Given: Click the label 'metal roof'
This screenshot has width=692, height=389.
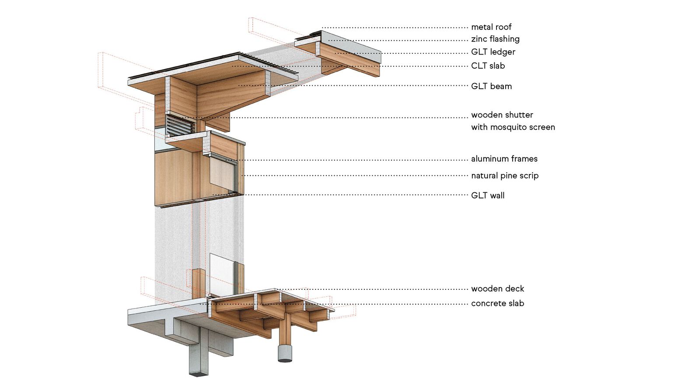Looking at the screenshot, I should [x=491, y=27].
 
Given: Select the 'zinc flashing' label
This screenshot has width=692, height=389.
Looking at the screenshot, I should [x=495, y=39].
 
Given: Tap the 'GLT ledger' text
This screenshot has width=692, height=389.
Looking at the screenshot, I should [x=493, y=52].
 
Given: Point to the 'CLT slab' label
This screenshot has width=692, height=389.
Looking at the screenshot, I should [x=488, y=66].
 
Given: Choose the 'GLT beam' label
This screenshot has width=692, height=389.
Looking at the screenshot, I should [x=491, y=87].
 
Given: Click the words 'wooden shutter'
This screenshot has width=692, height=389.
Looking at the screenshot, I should [x=502, y=115].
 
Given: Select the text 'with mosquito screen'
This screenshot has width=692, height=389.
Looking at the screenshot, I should [x=513, y=127].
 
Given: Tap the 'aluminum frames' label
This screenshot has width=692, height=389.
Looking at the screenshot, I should [x=504, y=159].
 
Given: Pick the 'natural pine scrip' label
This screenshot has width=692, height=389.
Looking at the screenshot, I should [x=504, y=176].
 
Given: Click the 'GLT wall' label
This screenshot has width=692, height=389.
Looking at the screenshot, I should [x=487, y=196].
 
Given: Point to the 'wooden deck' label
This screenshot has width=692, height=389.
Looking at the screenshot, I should [x=497, y=289].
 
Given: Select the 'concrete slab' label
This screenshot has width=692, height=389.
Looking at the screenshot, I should [x=497, y=303].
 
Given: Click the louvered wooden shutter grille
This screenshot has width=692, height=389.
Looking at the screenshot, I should [x=180, y=125].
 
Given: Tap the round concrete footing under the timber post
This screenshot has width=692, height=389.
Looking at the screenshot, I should [x=285, y=353].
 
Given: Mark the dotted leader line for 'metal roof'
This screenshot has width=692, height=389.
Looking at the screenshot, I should [x=394, y=28].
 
